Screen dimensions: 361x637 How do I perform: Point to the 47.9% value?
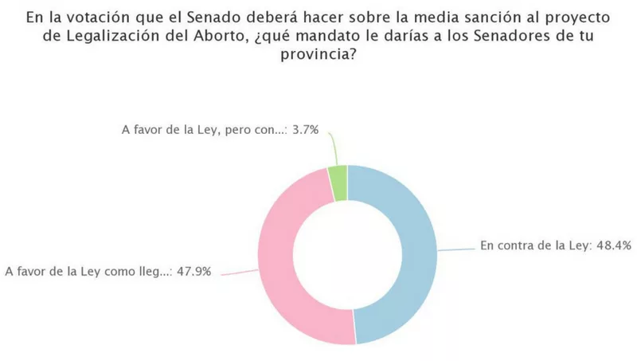coord(193,271)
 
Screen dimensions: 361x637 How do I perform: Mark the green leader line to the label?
coord(330,147)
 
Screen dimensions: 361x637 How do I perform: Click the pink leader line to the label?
coord(239,271)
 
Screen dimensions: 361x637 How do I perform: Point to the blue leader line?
coord(456,249)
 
